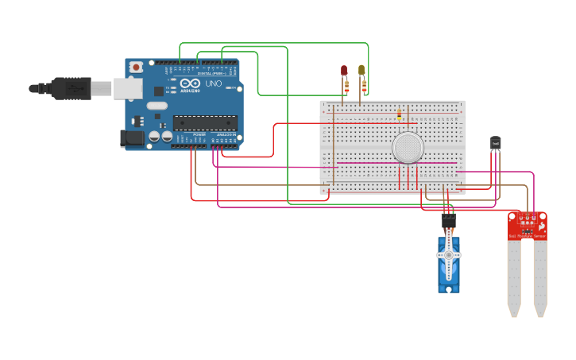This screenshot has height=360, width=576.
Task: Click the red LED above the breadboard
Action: (344, 71)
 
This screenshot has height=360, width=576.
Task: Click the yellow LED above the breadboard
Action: (361, 71)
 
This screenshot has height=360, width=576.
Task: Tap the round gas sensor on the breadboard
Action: (408, 148)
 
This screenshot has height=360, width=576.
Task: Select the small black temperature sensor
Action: (496, 142)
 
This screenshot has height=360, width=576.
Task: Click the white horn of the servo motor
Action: (448, 255)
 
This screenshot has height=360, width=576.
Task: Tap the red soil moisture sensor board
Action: (528, 225)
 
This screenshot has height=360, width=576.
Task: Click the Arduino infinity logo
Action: (191, 83)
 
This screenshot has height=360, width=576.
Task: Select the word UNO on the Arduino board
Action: (213, 83)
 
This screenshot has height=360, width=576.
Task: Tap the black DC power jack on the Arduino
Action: (132, 138)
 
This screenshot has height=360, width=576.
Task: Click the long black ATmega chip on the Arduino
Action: (205, 122)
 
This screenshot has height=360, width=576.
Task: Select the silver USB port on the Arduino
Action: (127, 88)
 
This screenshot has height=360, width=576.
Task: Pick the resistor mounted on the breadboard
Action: (399, 116)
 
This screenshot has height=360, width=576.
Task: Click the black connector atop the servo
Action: (448, 220)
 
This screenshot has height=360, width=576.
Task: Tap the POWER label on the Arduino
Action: (199, 135)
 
